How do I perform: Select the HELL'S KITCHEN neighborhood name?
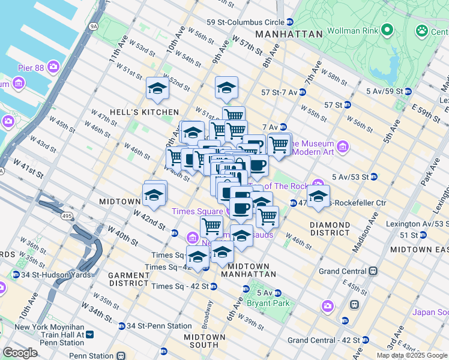[135, 112]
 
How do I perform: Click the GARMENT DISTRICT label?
[128, 278]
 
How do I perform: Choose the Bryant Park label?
[268, 303]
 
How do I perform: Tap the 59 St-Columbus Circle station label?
[244, 22]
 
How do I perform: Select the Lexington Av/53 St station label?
[416, 223]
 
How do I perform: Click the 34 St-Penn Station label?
[151, 326]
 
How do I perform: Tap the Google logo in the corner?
[20, 353]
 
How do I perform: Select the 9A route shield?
[93, 26]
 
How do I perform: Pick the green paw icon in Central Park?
[423, 29]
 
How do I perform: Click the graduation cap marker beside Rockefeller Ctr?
[318, 196]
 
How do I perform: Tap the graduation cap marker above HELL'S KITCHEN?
[158, 89]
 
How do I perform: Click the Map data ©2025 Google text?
[412, 355]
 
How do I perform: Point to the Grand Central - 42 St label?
[324, 340]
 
